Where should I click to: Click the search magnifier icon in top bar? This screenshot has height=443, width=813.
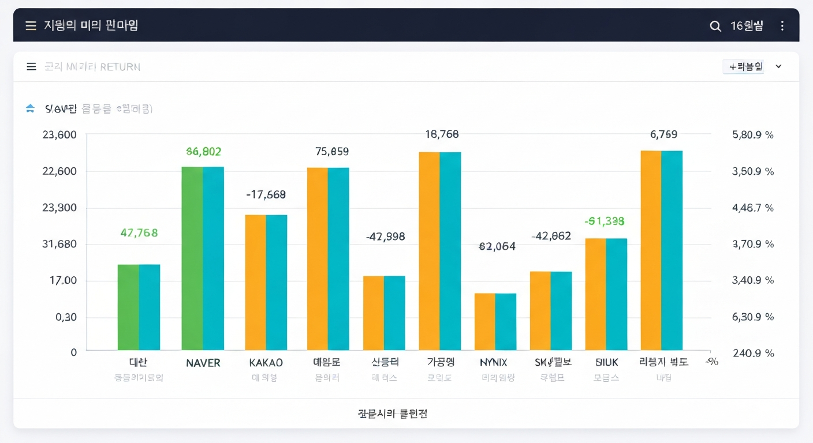coord(715,26)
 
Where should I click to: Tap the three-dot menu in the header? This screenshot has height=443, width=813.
coord(782,26)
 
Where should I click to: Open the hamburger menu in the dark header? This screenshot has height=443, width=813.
coord(31,26)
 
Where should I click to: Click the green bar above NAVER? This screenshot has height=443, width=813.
coord(192,258)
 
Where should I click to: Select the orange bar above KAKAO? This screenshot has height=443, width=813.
coord(255,282)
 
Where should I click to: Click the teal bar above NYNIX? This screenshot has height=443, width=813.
coord(506,321)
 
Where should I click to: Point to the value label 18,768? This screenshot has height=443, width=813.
coord(442,134)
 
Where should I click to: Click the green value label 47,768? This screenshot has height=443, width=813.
coord(139,233)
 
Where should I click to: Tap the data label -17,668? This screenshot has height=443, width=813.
coord(266,195)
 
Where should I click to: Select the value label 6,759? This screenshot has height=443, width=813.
coord(663,134)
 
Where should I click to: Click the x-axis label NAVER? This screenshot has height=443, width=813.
coord(203,363)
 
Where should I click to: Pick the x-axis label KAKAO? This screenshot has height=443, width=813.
coord(266,363)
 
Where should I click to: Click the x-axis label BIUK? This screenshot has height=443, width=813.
coord(606,363)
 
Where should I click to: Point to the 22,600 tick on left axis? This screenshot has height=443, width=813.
coord(59,171)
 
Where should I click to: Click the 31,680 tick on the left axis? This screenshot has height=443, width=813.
coord(59,244)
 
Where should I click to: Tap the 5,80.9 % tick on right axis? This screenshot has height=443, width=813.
coord(752,135)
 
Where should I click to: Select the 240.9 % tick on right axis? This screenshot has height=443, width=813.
coord(753,353)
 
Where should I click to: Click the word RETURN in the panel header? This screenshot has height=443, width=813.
coord(120,67)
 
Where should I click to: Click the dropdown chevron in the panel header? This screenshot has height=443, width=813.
coord(778,66)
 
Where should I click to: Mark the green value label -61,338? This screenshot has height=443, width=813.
coord(604,221)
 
